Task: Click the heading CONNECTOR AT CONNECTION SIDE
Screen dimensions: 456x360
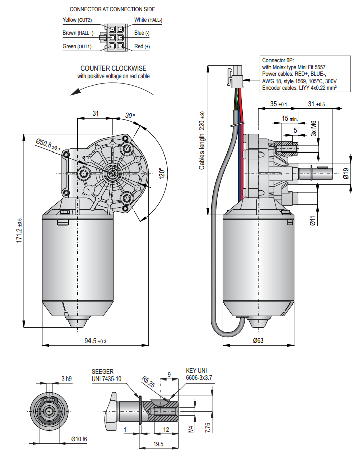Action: pos(112,9)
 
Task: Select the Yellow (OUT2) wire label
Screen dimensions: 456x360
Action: pos(77,20)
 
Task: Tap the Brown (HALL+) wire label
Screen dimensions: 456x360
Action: pos(77,33)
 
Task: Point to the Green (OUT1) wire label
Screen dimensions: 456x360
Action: pos(77,46)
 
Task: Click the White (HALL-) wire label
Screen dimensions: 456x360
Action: pos(148,20)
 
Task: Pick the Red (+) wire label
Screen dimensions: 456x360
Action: pos(142,46)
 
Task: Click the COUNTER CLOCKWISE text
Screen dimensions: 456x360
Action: pos(114,68)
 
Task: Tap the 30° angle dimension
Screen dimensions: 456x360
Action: pos(130,116)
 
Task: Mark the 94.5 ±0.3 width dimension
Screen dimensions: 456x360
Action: pos(95,341)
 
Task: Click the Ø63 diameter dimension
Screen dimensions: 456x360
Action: pos(258,341)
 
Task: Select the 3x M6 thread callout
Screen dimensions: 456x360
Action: pos(313,129)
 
